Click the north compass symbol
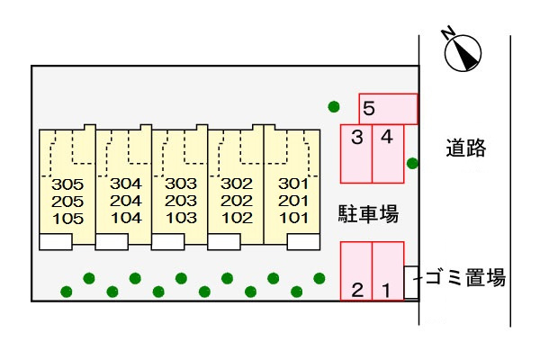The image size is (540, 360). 463,51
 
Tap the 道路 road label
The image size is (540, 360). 466,149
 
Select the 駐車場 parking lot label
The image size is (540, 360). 368,214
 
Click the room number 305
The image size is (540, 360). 67,184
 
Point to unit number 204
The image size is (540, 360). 126,202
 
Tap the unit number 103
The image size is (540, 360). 181,218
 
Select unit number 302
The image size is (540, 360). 237,184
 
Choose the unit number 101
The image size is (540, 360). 292,218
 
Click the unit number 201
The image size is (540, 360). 292,202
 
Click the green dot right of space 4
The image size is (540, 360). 412,163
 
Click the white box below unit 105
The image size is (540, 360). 56,241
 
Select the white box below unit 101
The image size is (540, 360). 303,241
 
